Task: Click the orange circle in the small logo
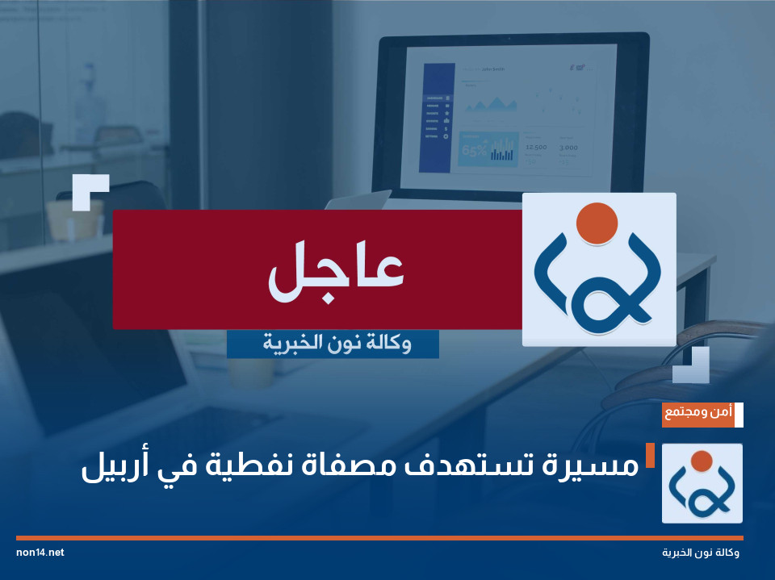(x=702, y=461)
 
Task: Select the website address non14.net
(x=40, y=553)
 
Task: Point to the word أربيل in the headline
(x=115, y=466)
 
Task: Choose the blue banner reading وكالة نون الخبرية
(x=333, y=344)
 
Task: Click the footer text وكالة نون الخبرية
(x=700, y=553)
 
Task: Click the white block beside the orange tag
(x=739, y=413)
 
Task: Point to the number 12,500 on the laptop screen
(x=535, y=148)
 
